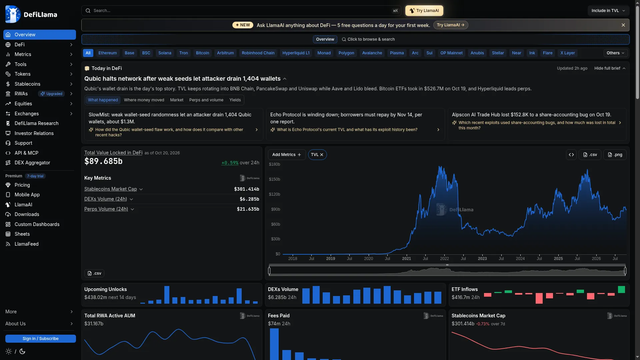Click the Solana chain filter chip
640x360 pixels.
(x=165, y=53)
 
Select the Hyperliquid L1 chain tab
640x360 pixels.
(x=296, y=53)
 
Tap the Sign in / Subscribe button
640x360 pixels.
(x=41, y=339)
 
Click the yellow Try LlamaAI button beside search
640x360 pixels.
(x=424, y=11)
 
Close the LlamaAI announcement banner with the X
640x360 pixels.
(x=623, y=25)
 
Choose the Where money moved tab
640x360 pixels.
(x=144, y=100)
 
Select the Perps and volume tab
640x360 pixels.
(x=206, y=100)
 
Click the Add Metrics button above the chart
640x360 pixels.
(x=287, y=155)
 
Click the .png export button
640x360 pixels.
(x=615, y=155)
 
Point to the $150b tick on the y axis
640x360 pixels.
(x=274, y=179)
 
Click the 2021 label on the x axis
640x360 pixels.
(x=406, y=259)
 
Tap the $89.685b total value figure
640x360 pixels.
(x=103, y=161)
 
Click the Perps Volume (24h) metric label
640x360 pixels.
(x=106, y=209)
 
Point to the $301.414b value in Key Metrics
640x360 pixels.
(x=247, y=189)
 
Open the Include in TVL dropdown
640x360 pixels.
(x=608, y=11)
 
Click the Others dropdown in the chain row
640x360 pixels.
(x=615, y=53)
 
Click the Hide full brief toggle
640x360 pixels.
(x=610, y=68)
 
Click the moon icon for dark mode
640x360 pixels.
(x=22, y=351)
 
